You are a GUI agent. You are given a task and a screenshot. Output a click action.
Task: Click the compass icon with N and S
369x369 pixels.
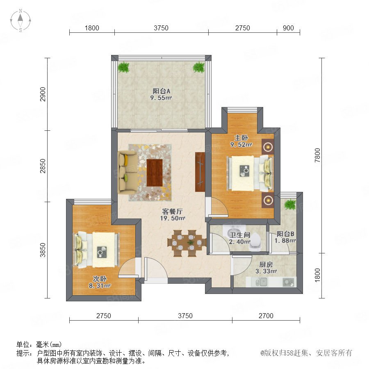click(20, 20)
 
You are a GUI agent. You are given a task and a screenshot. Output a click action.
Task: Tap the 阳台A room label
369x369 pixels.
click(161, 91)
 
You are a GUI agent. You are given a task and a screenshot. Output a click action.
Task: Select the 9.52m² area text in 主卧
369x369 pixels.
click(241, 144)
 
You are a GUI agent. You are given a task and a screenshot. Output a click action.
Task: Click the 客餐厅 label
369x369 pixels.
click(172, 211)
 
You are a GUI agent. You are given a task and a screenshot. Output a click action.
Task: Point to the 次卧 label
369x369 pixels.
click(100, 279)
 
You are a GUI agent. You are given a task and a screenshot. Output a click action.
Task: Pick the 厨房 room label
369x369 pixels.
click(266, 264)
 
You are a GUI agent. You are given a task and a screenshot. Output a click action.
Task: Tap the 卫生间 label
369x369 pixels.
click(240, 235)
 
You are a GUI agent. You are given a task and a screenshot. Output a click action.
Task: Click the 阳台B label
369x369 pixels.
click(285, 234)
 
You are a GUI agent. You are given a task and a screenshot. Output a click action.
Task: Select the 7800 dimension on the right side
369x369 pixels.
click(317, 155)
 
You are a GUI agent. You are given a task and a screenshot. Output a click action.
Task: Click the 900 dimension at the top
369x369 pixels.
click(288, 28)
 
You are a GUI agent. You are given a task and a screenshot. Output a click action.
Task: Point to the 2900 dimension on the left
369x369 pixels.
click(43, 94)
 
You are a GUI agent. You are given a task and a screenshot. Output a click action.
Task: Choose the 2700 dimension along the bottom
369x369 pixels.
click(266, 316)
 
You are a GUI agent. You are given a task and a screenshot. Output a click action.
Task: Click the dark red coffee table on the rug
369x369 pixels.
click(155, 173)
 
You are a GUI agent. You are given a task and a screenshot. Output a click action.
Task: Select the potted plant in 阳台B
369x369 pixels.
click(290, 204)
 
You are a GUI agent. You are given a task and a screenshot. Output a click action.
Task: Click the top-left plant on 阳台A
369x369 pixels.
click(124, 67)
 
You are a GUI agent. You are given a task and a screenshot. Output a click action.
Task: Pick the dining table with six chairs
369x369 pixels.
click(187, 243)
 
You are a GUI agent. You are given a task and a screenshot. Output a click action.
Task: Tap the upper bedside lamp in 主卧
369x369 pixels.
click(268, 147)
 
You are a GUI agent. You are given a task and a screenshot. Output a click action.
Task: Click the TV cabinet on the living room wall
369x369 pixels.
click(200, 172)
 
